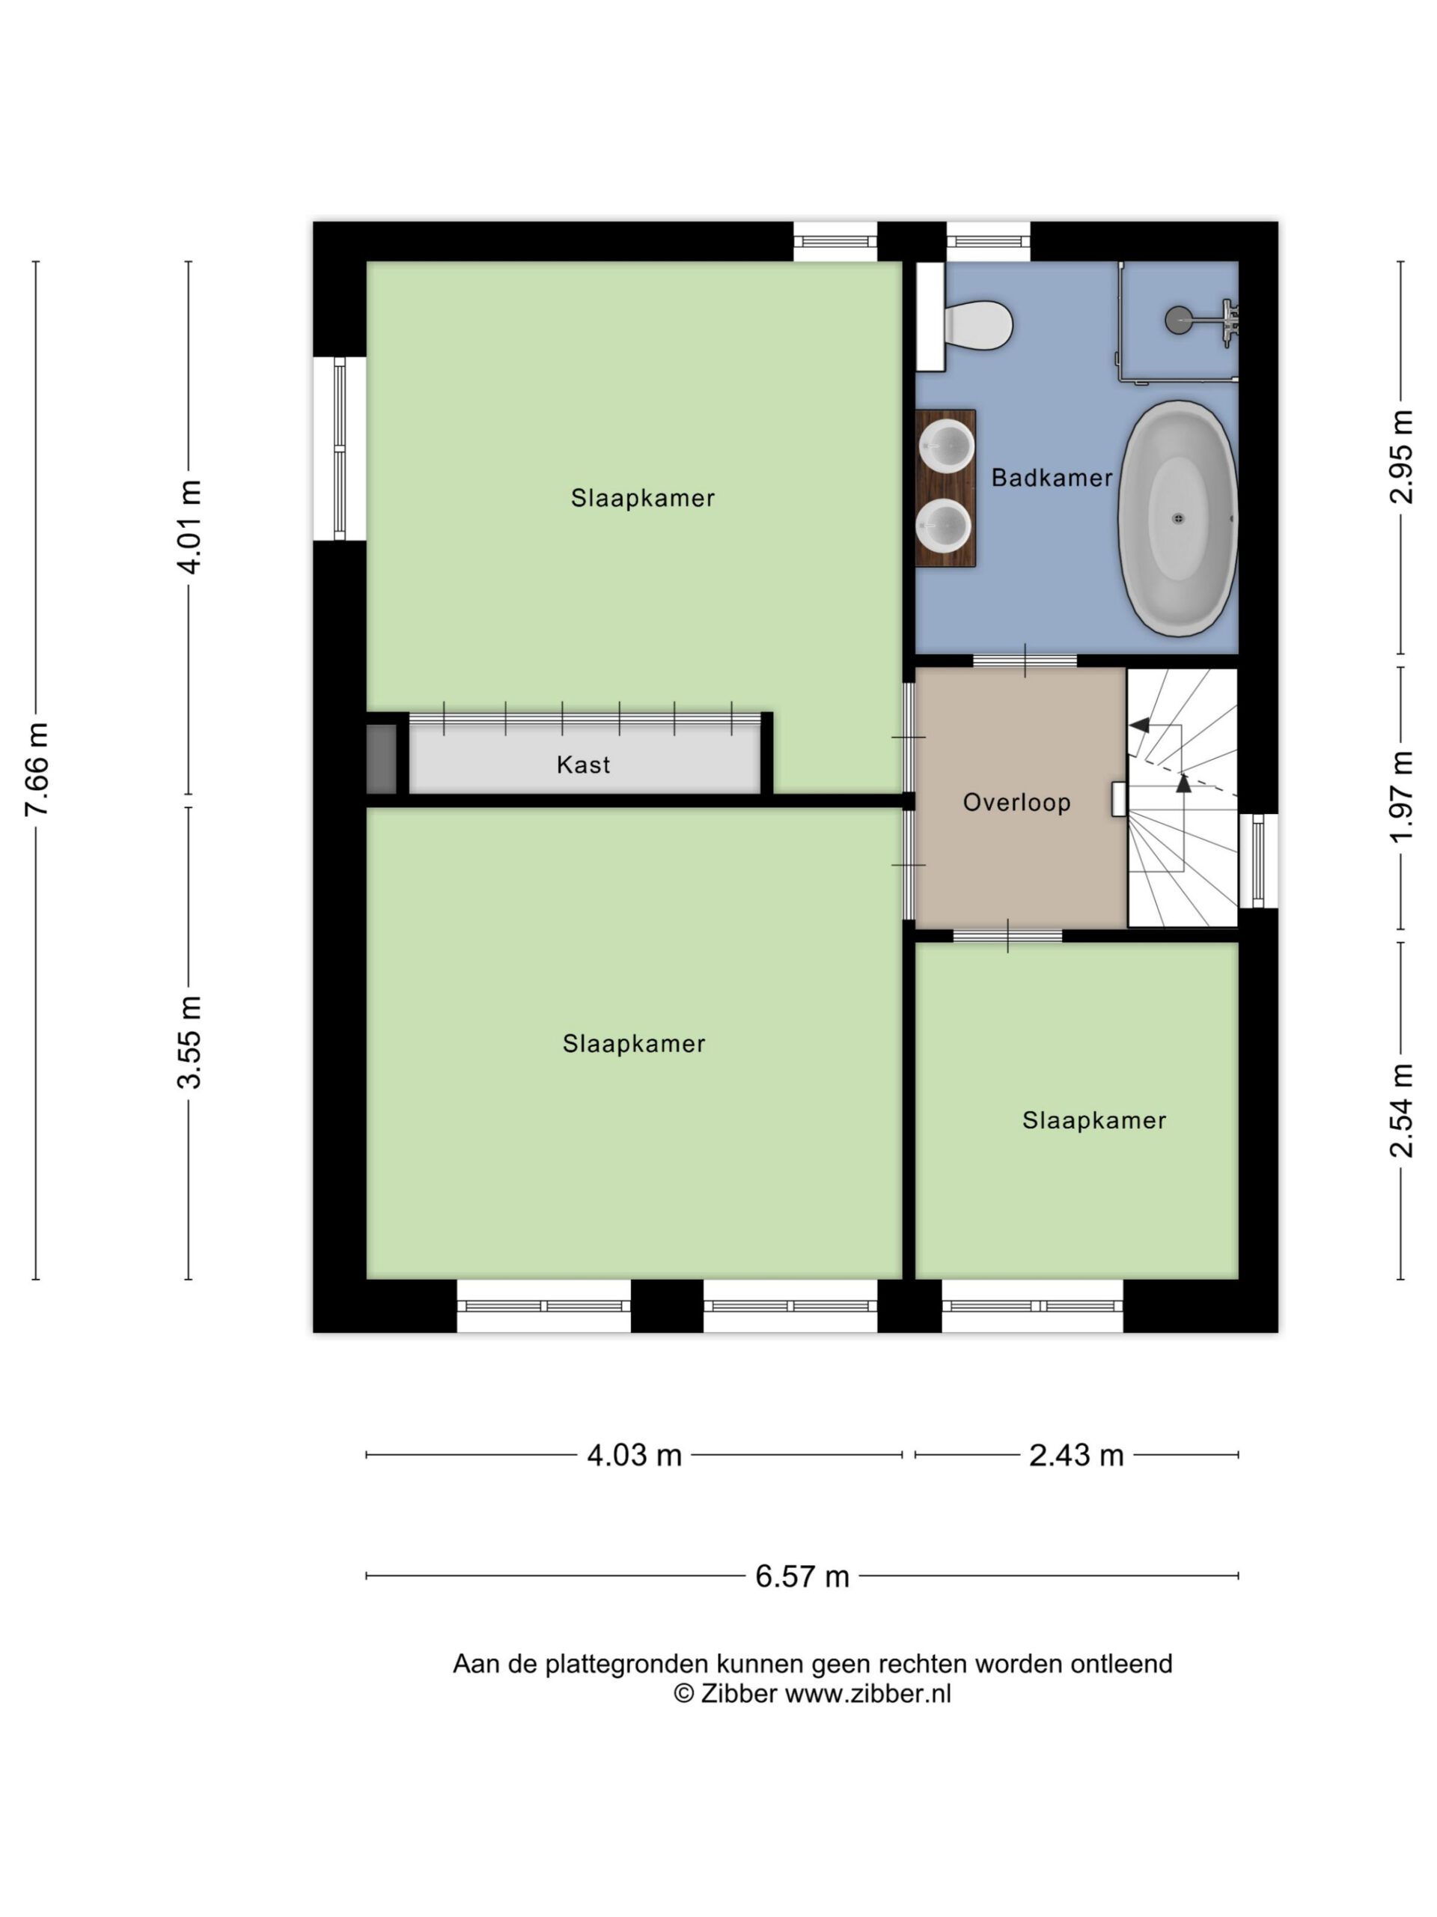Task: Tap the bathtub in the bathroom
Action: pyautogui.click(x=1178, y=518)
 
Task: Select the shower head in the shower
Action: pyautogui.click(x=1178, y=320)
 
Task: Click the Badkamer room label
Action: pyautogui.click(x=1052, y=478)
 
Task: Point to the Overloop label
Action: pyautogui.click(x=1017, y=803)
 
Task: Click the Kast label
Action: pyautogui.click(x=583, y=765)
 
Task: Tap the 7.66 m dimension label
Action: pyautogui.click(x=37, y=770)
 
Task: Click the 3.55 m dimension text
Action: pyautogui.click(x=189, y=1042)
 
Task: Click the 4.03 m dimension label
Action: pyautogui.click(x=634, y=1455)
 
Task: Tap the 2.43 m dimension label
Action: pyautogui.click(x=1076, y=1455)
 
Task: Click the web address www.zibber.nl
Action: pyautogui.click(x=868, y=1693)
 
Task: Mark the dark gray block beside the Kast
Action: pyautogui.click(x=381, y=759)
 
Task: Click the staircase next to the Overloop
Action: pyautogui.click(x=1183, y=798)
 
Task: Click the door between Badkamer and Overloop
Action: pyautogui.click(x=1025, y=661)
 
